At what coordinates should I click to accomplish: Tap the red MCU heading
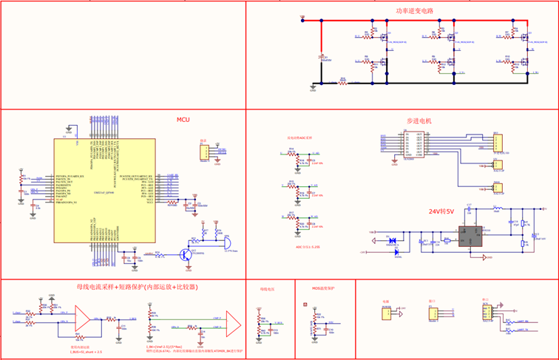coord(183,120)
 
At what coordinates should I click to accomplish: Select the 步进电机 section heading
coord(419,120)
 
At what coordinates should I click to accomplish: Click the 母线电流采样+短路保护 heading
coord(137,286)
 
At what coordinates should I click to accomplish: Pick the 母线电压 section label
coord(267,289)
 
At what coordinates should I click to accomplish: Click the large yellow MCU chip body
coord(104,190)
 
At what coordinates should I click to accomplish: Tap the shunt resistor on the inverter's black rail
coord(342,82)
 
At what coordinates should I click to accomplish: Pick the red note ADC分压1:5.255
coord(308,246)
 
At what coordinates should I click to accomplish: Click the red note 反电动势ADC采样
coord(299,137)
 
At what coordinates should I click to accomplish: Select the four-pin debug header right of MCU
coord(203,152)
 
